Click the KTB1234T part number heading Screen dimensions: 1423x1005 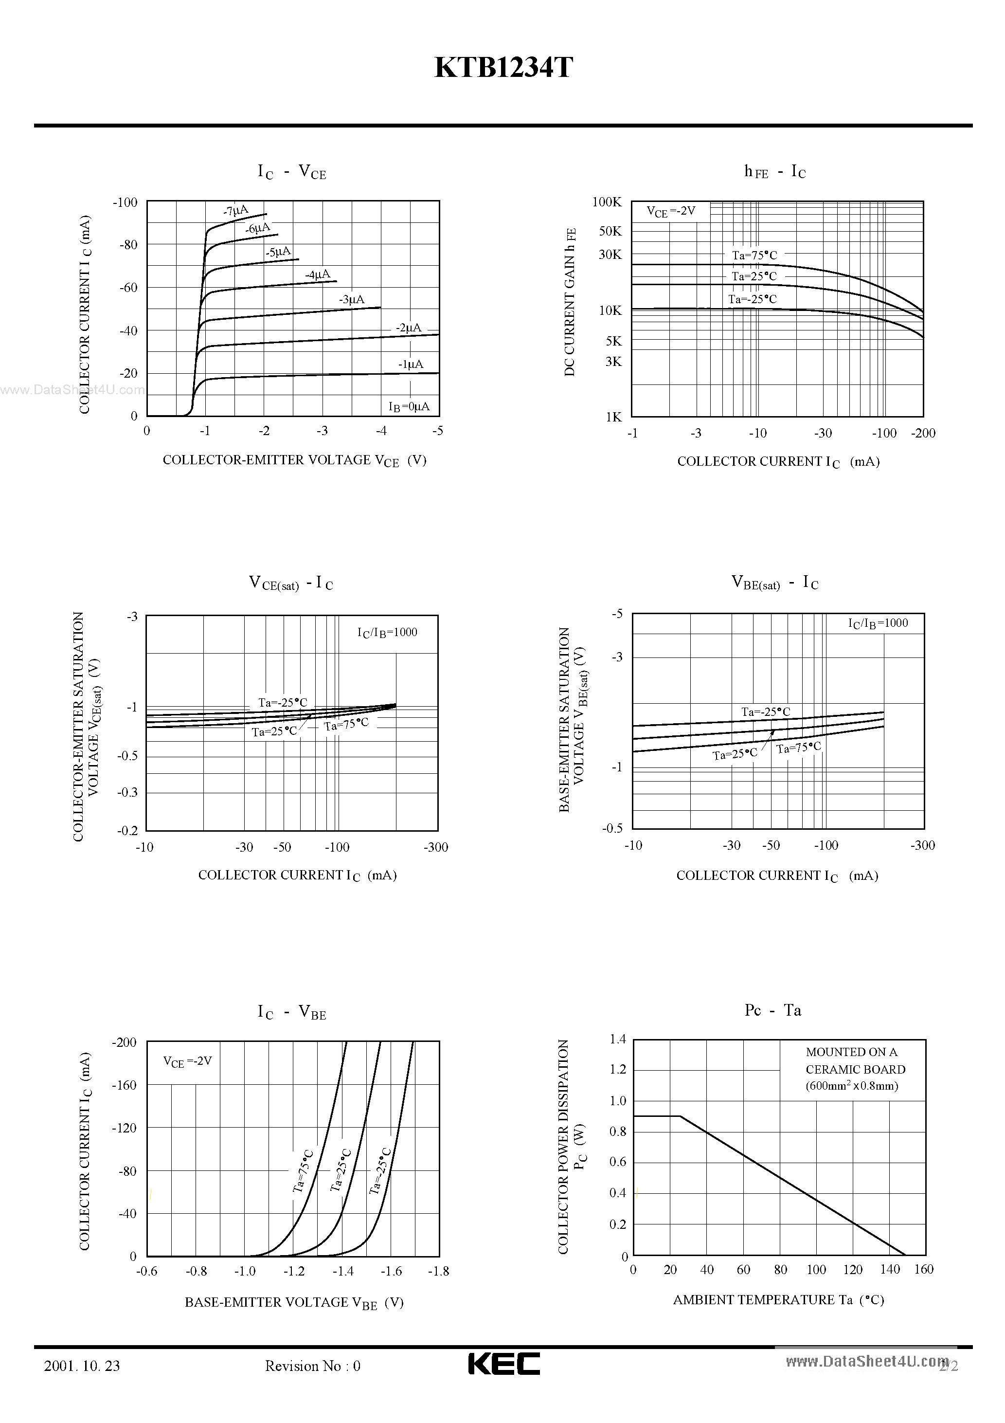503,68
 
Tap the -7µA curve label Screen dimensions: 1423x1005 235,211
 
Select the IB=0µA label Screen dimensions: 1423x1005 408,406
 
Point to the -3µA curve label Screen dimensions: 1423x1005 351,300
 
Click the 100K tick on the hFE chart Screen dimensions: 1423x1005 607,202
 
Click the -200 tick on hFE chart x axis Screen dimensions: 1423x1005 923,433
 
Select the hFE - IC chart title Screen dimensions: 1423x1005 774,172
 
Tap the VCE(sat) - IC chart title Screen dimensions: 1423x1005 290,583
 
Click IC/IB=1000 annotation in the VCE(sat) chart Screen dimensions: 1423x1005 387,632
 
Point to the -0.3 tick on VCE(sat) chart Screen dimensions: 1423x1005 127,792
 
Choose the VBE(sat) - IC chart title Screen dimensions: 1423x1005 774,583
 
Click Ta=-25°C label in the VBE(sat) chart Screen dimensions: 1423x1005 766,712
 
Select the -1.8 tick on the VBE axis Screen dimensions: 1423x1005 438,1271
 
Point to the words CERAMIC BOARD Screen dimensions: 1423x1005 855,1069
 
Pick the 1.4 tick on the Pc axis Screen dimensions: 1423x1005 618,1040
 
